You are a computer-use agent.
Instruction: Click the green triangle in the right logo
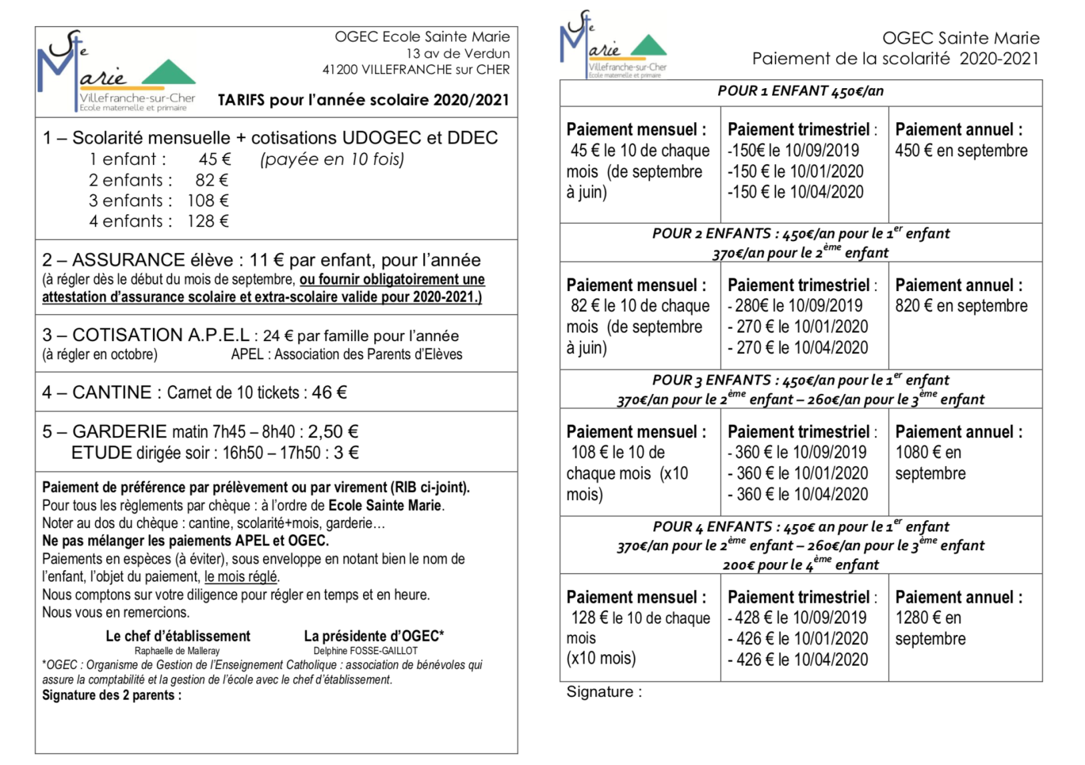tap(648, 46)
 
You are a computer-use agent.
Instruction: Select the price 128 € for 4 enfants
tap(208, 221)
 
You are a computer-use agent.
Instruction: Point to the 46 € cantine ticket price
tap(329, 393)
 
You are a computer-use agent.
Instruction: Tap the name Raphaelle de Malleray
tap(177, 651)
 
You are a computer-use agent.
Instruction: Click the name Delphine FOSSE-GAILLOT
tap(366, 651)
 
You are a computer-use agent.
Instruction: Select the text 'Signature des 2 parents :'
tap(111, 695)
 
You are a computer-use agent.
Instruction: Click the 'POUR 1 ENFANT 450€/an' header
tap(800, 91)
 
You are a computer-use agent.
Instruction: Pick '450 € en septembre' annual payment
tap(961, 151)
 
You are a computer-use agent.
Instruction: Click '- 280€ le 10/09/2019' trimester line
tap(795, 306)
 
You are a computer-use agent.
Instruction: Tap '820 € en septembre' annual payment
tap(961, 306)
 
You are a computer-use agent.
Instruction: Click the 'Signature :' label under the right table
tap(604, 692)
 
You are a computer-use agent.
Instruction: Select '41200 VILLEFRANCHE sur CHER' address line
tap(416, 69)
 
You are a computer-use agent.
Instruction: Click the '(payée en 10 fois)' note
tap(332, 160)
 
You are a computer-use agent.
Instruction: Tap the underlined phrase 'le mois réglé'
tap(241, 577)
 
